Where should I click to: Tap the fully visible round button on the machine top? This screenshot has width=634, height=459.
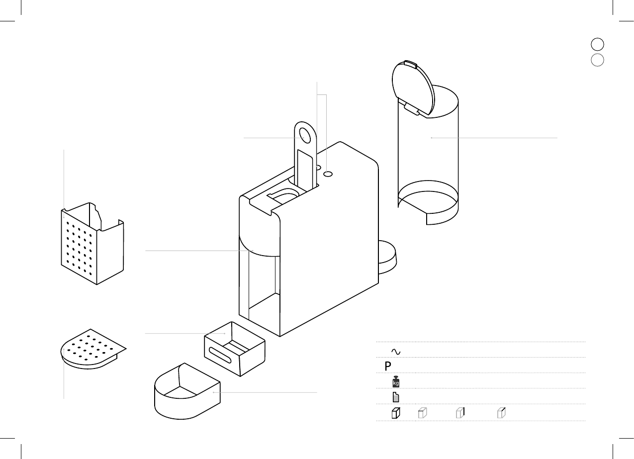[x=328, y=174]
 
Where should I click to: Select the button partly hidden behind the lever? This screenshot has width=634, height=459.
[x=318, y=168]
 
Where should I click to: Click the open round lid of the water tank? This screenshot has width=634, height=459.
[x=413, y=87]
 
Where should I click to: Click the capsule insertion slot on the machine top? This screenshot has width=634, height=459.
[x=283, y=195]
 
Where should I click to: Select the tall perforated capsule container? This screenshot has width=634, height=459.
[x=92, y=246]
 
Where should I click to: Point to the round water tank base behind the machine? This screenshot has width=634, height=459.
[x=388, y=256]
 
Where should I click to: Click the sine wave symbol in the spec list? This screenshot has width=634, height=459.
[x=396, y=351]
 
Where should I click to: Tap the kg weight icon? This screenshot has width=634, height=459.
[x=396, y=382]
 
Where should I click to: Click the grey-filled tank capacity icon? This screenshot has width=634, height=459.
[x=396, y=397]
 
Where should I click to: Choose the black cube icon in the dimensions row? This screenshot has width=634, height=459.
[x=396, y=413]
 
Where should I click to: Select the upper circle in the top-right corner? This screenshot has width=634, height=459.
[x=597, y=44]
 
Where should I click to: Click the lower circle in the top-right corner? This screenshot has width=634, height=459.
[x=597, y=60]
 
